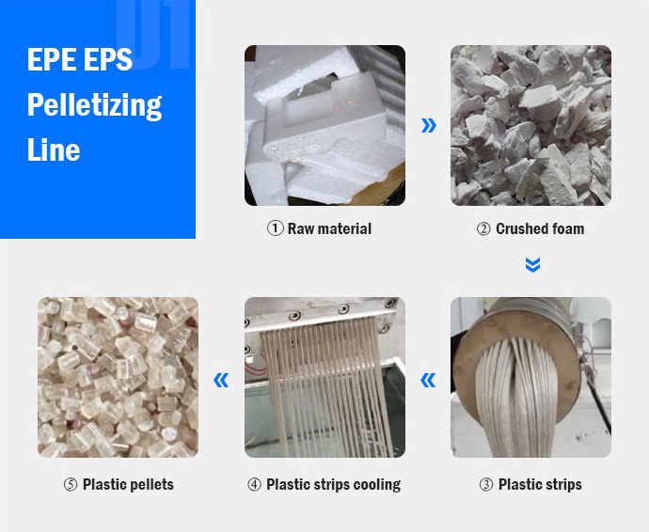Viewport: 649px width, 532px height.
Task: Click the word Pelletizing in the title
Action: pos(94,104)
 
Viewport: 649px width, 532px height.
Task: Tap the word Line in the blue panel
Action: pos(53,149)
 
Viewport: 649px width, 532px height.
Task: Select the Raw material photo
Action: pos(324,125)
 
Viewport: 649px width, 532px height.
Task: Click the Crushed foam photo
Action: pos(530,125)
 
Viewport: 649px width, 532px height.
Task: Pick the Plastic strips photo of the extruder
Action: pos(530,377)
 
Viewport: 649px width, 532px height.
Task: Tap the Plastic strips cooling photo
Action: pos(324,377)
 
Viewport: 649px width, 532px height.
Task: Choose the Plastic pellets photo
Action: pos(118,377)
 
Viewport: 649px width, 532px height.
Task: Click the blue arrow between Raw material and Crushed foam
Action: pos(429,125)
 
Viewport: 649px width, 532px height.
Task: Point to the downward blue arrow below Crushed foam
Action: pos(532,266)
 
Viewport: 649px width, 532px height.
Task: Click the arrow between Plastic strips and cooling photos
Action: pos(428,380)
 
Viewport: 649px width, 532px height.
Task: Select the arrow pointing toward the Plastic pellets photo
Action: pos(221,380)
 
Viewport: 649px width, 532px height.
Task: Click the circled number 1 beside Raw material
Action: pos(276,228)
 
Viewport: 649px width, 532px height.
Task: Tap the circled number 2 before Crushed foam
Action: pos(483,228)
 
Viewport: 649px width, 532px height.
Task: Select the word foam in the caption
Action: pos(565,228)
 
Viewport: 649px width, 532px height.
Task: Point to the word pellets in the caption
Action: pos(150,485)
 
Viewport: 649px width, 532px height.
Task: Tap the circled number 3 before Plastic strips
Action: pos(485,485)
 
